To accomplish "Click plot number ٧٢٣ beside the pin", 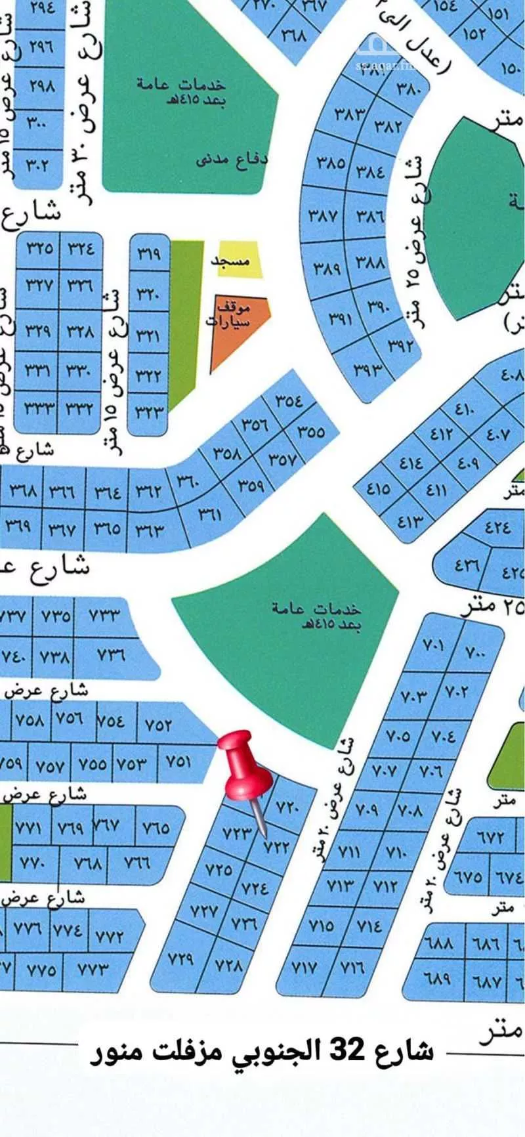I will point(237,833).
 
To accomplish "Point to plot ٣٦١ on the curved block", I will point(210,515).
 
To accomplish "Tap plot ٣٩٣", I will point(367,370).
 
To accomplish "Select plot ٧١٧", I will point(304,967).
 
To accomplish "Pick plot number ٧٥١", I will point(178,761).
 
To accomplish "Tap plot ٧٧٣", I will point(93,968).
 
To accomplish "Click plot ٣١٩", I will point(148,253).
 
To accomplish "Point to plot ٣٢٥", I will point(39,248).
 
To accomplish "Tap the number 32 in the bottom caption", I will point(346,1050).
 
